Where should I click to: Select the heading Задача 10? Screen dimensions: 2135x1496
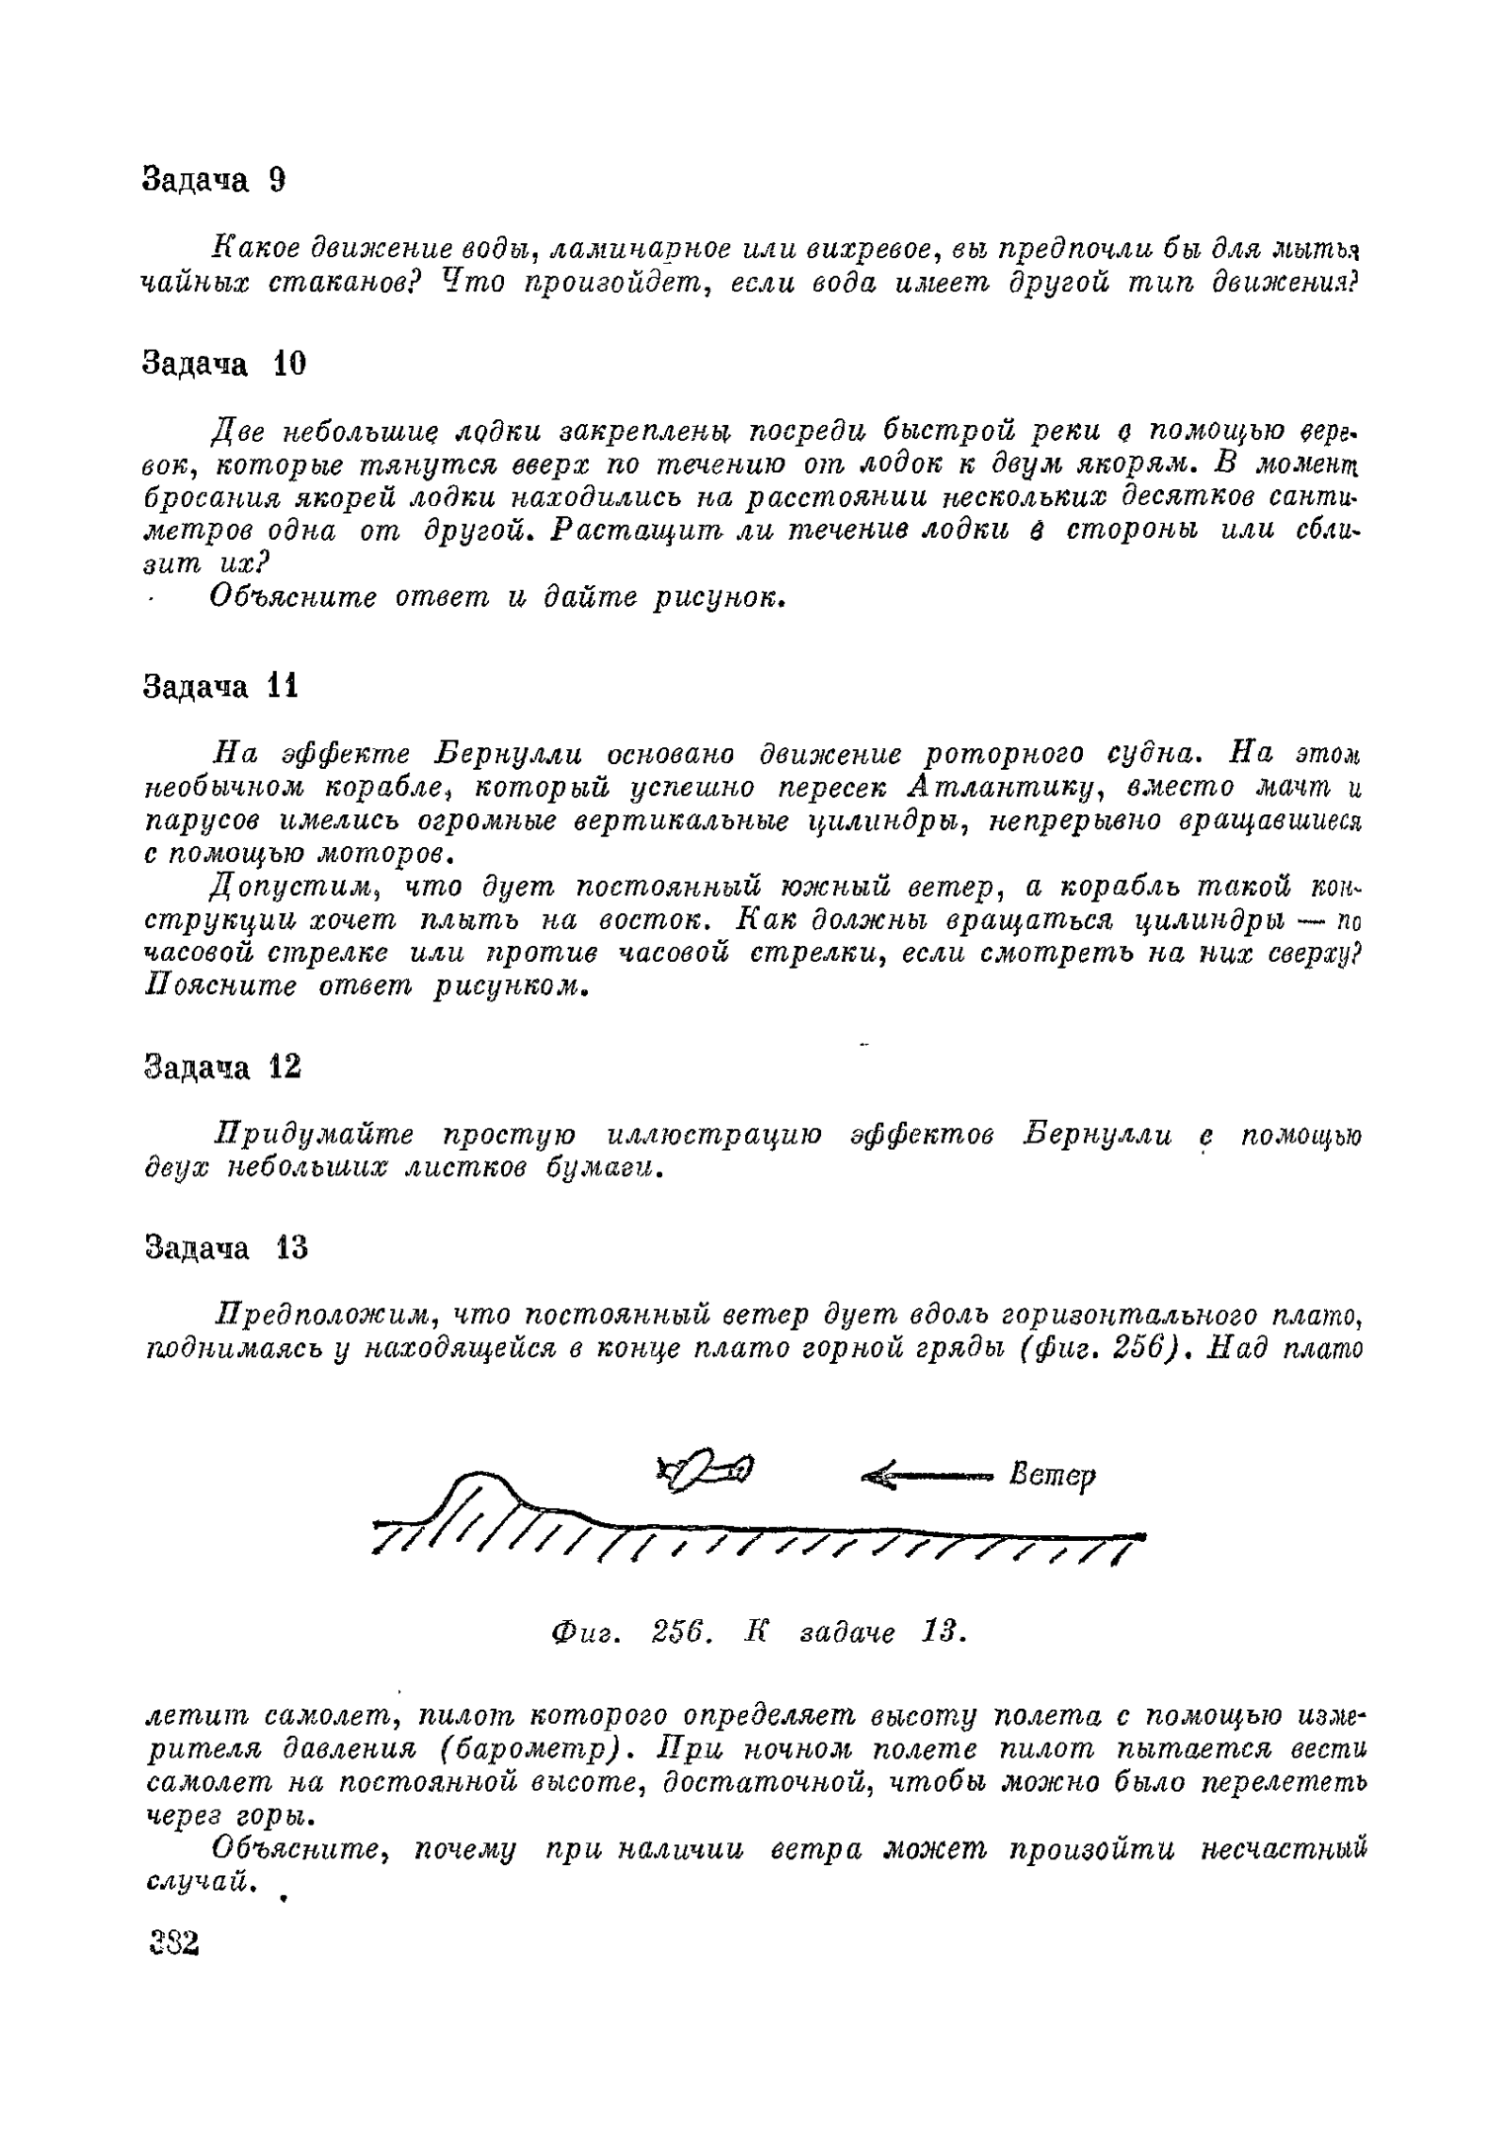(224, 365)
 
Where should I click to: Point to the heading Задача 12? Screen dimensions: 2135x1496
(222, 1067)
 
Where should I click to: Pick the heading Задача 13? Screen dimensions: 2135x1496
(226, 1249)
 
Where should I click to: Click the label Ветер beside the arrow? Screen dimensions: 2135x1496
(1052, 1477)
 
